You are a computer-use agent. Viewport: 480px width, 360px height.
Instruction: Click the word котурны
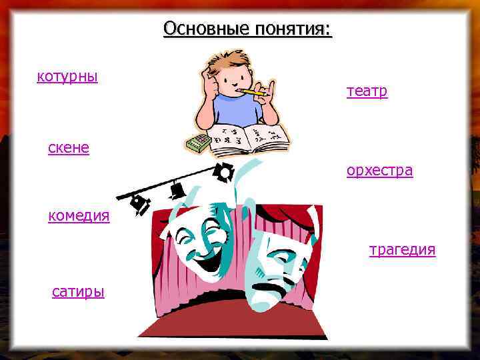tap(67, 77)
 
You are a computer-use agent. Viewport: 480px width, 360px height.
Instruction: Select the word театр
tap(367, 91)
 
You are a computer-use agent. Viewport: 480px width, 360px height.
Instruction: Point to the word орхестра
tap(379, 171)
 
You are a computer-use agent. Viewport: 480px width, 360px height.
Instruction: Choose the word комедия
tap(79, 216)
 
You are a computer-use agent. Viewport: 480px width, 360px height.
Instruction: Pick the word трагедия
tap(403, 250)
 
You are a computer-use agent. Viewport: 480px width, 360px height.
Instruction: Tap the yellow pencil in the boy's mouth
tap(253, 92)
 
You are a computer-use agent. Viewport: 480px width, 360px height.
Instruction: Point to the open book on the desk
tap(247, 137)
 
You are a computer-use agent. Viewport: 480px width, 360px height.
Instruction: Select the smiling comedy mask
tap(200, 233)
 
